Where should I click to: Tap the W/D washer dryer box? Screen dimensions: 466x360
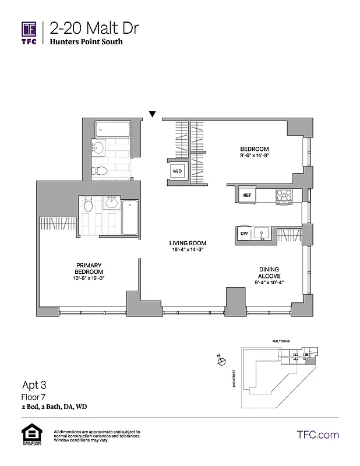(x=178, y=171)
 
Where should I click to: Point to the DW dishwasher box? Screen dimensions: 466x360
(x=245, y=233)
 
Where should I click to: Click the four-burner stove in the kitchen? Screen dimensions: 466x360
(x=284, y=196)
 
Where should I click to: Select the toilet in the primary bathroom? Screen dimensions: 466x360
(x=89, y=205)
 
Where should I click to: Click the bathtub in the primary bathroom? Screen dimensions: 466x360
(x=129, y=217)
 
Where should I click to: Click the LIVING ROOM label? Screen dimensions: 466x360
(x=188, y=243)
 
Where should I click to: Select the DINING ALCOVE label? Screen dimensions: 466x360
(x=270, y=273)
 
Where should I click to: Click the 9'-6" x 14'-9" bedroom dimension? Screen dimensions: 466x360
(x=254, y=156)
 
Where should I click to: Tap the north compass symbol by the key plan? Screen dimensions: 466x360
(x=221, y=362)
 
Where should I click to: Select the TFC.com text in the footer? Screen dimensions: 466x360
(x=317, y=435)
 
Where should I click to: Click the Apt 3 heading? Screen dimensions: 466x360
(x=34, y=384)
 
